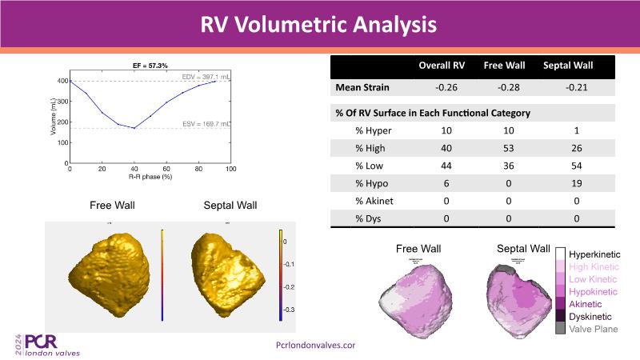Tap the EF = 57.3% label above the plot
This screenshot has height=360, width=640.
point(150,65)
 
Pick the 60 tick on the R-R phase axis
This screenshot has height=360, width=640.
point(166,170)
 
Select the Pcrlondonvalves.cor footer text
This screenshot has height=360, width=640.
point(314,344)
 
